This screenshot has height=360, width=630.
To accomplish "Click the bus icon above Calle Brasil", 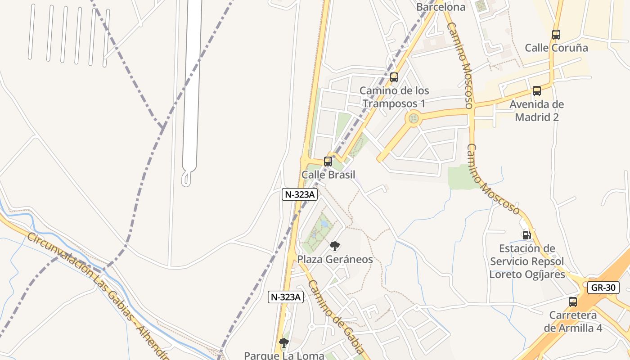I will [328, 161].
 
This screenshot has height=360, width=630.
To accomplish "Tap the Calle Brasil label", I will [328, 175].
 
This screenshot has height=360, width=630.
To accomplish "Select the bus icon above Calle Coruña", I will [556, 34].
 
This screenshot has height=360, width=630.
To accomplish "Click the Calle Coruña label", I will [556, 48].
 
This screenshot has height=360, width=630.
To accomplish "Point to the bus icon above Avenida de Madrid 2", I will [537, 91].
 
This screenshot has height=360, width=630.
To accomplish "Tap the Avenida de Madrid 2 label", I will [536, 111].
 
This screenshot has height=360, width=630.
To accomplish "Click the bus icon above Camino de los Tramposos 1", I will [394, 77].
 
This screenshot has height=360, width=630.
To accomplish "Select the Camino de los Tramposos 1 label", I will [394, 97].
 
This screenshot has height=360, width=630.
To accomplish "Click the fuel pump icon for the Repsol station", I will [526, 235].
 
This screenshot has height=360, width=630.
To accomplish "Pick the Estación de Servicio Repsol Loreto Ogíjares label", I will [527, 261].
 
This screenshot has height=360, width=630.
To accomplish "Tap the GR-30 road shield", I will [603, 288].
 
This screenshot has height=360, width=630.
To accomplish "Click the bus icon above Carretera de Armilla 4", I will [573, 302].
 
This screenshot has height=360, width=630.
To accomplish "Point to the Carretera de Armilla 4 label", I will [573, 322].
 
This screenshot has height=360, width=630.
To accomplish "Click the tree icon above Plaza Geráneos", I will [335, 246].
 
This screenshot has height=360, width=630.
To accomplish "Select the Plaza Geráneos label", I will [335, 260].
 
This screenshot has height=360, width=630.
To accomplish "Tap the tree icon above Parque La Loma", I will [283, 343].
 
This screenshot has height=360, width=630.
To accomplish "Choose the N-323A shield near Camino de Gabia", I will [286, 297].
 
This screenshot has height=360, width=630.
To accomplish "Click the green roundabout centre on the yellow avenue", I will [414, 119].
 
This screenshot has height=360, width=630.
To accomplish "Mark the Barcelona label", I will [441, 7].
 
